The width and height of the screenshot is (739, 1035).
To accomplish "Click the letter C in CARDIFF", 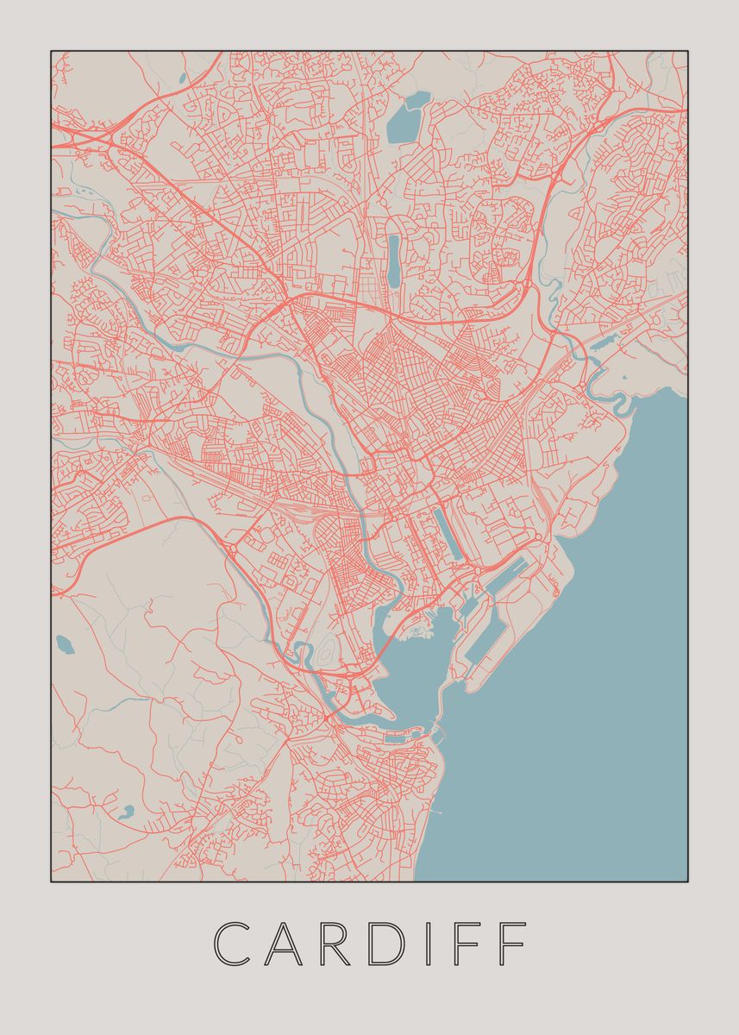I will tap(232, 944).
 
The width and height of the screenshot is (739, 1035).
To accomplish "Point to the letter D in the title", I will tap(395, 944).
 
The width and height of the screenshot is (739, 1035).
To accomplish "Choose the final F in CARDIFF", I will tap(515, 944).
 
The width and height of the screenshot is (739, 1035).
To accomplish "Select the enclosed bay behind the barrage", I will tap(410, 668).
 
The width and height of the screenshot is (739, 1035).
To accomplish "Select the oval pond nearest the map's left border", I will tap(64, 643).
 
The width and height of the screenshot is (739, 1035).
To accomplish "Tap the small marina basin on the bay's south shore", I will tap(397, 737).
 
